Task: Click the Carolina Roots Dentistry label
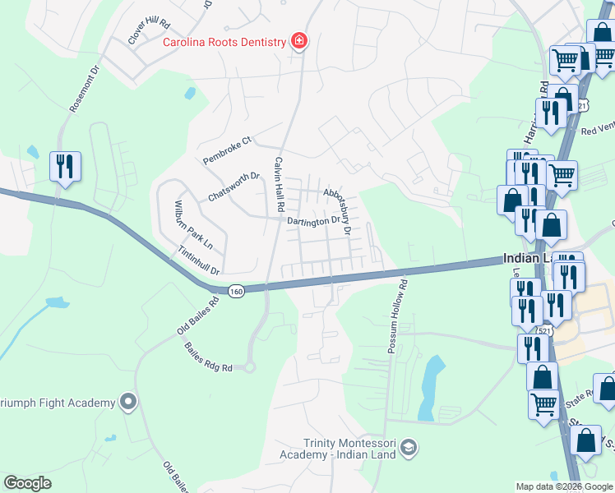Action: (x=224, y=42)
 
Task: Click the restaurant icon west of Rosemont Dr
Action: (x=63, y=167)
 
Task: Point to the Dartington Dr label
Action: (x=312, y=221)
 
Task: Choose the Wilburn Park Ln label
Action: (x=193, y=224)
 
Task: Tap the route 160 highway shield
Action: (x=237, y=292)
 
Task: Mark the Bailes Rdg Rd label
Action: (x=208, y=357)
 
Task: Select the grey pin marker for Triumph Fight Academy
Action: (x=127, y=402)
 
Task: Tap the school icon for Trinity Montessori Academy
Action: (x=409, y=449)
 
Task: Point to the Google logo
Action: (x=27, y=482)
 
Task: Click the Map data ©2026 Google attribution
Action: (x=564, y=486)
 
